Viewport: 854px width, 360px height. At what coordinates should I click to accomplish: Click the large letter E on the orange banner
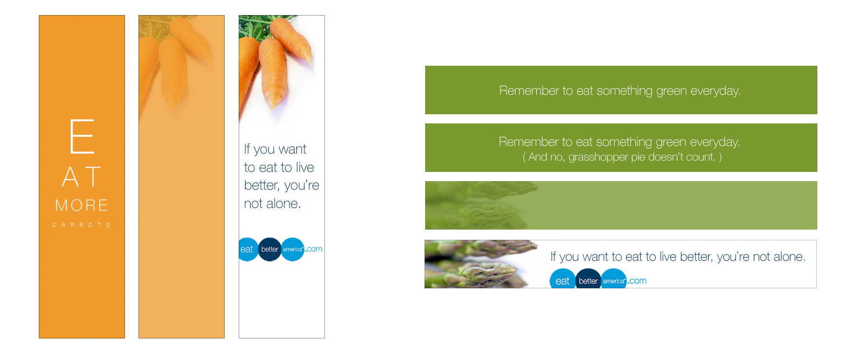tap(82, 136)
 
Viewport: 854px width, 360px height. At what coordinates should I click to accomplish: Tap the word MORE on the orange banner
tap(81, 205)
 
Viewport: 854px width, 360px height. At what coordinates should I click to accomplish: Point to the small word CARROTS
tap(81, 225)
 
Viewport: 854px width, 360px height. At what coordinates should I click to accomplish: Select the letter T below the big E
tap(93, 177)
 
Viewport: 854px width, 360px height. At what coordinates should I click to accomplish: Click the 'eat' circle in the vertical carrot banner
tap(247, 250)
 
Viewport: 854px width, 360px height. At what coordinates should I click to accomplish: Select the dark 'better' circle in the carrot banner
tap(269, 250)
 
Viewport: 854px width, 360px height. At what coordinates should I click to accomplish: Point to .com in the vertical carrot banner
tap(314, 249)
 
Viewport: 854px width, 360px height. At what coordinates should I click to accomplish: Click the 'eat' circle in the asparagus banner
tap(563, 279)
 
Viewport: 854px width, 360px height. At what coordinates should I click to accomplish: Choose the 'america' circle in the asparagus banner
tap(614, 279)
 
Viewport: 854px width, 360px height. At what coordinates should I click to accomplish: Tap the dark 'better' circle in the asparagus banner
tap(588, 279)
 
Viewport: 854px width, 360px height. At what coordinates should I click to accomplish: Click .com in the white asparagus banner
tap(637, 281)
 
